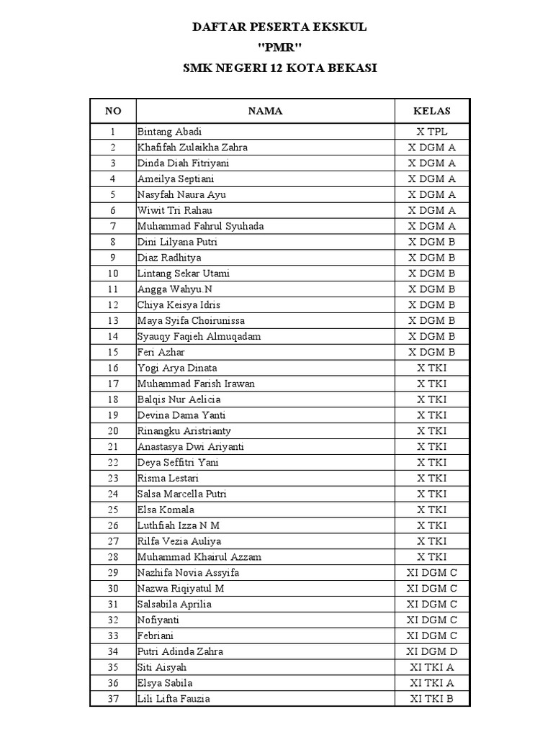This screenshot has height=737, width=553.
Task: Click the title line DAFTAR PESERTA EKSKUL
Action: point(279,27)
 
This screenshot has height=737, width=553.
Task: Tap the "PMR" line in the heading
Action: point(279,48)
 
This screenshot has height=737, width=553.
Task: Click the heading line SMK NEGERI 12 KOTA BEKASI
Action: point(279,68)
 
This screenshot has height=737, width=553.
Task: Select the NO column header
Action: point(113,111)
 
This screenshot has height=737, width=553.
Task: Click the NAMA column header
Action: point(265,111)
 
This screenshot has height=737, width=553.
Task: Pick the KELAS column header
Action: point(431,111)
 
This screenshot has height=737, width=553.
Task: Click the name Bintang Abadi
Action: point(170,132)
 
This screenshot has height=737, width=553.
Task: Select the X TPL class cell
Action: point(431,132)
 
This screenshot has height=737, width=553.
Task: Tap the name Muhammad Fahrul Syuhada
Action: point(201,226)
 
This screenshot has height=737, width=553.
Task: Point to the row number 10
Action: point(113,273)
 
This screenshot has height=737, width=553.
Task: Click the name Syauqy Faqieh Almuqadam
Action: point(199,336)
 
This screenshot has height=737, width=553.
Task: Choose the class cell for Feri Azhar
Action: point(431,352)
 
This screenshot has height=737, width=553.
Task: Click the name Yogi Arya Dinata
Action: point(177,368)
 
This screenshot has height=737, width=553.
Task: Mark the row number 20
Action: point(113,431)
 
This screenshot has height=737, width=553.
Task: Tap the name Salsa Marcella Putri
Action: point(184,494)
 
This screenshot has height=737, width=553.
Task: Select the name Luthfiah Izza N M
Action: point(179,525)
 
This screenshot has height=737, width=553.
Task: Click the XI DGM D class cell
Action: point(431,651)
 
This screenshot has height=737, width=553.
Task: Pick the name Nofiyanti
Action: point(158,620)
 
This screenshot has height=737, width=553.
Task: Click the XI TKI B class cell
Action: point(431,699)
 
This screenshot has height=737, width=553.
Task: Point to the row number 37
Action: point(113,699)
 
